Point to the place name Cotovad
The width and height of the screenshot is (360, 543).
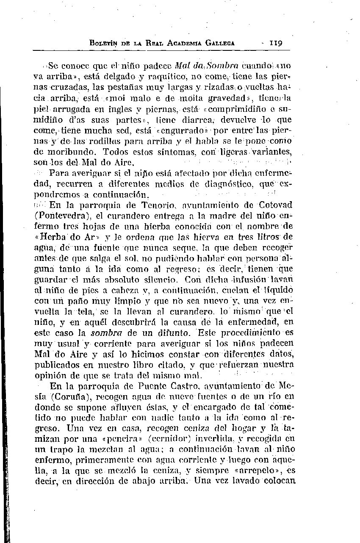click(x=275, y=205)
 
